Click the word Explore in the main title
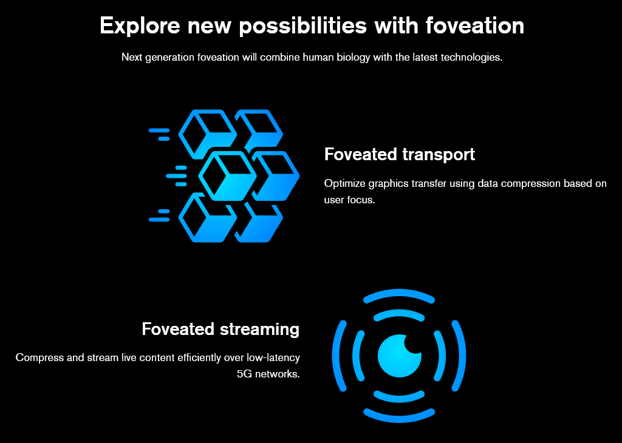(x=140, y=25)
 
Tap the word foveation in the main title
(x=475, y=25)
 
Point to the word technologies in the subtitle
(x=471, y=58)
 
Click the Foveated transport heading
(x=400, y=155)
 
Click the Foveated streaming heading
(x=220, y=330)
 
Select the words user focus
(x=349, y=200)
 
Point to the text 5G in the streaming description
(x=244, y=374)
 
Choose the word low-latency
(x=273, y=358)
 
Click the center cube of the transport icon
(x=227, y=175)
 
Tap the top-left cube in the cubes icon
(x=208, y=134)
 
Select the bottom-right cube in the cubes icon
(x=259, y=221)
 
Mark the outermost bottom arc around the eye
(x=399, y=419)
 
